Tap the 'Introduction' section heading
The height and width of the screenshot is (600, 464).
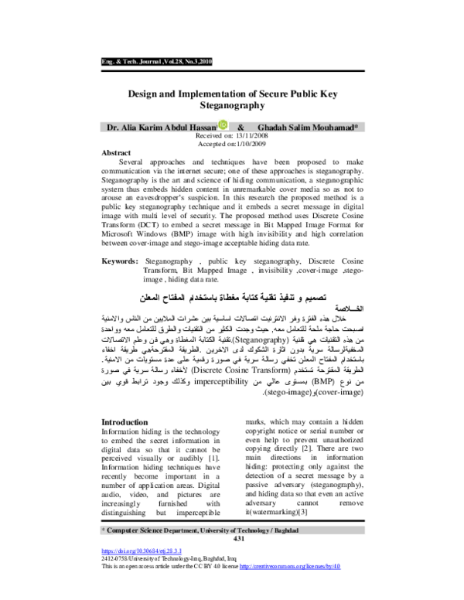[x=126, y=421]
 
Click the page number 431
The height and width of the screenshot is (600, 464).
[x=232, y=538]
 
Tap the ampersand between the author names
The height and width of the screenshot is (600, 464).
[x=241, y=126]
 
